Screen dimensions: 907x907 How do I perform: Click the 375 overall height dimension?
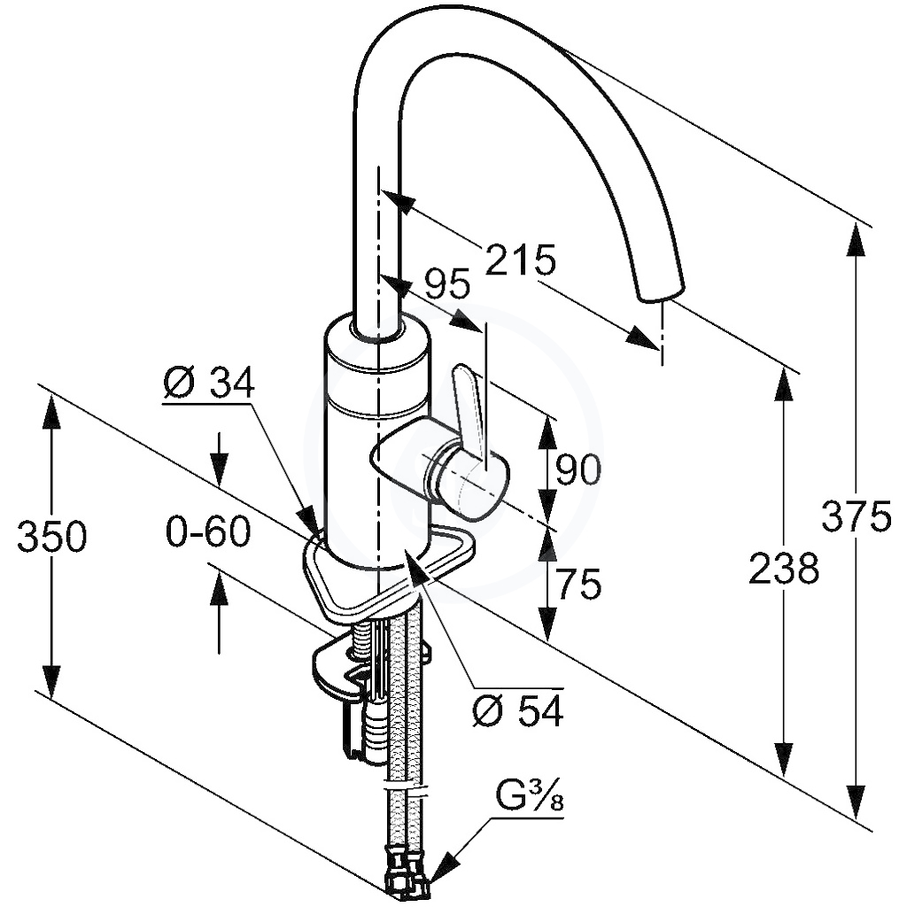click(857, 516)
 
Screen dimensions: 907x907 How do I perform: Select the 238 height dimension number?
click(784, 568)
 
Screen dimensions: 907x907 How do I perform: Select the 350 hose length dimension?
click(51, 536)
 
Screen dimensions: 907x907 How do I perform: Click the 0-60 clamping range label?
click(208, 531)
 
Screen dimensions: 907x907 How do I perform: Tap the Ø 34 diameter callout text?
click(209, 383)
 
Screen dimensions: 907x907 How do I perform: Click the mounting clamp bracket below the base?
click(359, 665)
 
